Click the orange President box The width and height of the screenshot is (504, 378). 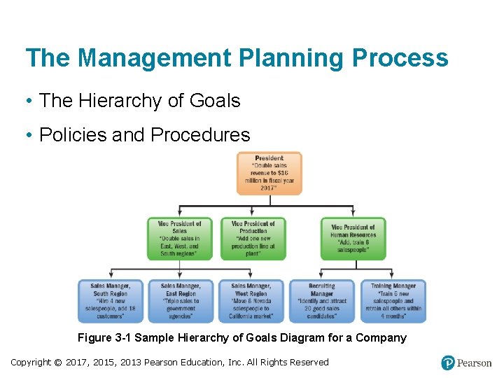coord(269,173)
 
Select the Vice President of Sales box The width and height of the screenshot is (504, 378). coord(179,239)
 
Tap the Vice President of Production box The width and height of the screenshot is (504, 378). coord(253,239)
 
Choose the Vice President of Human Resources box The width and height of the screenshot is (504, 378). coord(353,239)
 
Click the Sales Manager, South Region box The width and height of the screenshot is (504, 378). coord(110,301)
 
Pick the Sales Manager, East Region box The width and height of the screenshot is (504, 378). coord(180,301)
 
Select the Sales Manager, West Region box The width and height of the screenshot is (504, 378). coord(251,301)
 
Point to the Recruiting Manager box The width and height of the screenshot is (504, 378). coord(322,301)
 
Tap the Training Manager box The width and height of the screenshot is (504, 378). coord(393,301)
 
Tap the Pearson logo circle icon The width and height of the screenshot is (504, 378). coord(448,363)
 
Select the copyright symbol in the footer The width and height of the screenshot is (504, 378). coord(59,362)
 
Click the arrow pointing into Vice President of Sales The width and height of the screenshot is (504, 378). coord(179,213)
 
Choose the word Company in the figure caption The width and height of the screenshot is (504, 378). coord(383,338)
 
